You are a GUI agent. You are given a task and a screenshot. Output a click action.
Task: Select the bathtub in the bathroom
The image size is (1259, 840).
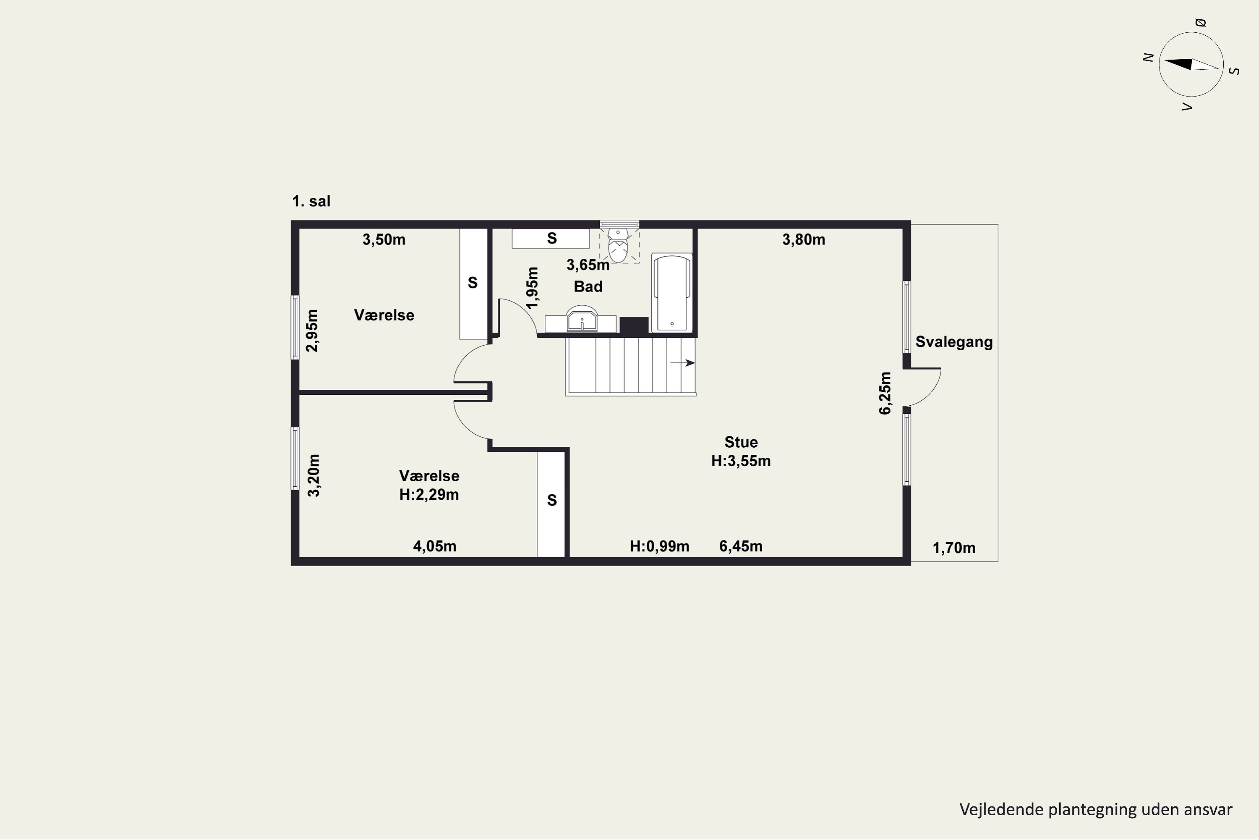click(672, 292)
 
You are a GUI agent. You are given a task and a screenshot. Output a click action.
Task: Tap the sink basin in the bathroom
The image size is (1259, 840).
click(582, 320)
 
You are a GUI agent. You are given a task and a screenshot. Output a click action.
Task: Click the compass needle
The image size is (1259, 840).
click(1191, 64)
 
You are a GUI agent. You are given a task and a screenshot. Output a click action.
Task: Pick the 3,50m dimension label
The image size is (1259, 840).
click(384, 239)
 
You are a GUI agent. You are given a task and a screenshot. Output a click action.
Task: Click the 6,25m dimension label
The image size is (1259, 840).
click(885, 393)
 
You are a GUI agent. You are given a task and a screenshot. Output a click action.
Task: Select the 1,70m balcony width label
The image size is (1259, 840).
click(954, 548)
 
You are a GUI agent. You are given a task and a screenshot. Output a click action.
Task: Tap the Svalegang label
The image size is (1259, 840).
click(954, 342)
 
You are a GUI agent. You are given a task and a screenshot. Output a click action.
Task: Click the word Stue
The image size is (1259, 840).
click(741, 442)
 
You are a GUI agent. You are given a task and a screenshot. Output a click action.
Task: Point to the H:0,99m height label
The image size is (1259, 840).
click(659, 546)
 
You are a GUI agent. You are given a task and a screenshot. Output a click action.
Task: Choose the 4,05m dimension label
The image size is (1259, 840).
click(435, 546)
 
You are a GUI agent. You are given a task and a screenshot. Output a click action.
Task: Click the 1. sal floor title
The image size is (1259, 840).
click(311, 202)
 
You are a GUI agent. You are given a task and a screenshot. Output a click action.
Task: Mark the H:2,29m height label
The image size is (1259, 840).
click(429, 494)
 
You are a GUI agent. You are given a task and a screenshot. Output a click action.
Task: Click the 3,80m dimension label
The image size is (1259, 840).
click(804, 239)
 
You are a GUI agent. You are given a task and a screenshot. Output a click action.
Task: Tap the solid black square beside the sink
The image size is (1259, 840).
click(634, 325)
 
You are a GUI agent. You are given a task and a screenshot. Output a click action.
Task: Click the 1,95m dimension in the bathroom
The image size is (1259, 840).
click(532, 288)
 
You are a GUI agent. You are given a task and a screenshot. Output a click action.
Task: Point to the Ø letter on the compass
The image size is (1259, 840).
click(1201, 23)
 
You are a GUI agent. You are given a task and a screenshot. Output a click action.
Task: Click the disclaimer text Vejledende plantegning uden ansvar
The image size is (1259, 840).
click(1096, 809)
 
